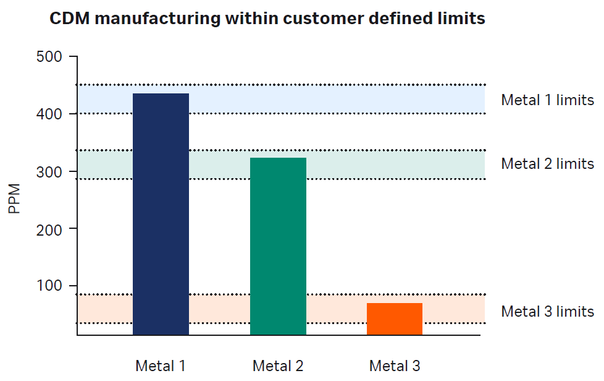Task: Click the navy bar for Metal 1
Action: click(161, 214)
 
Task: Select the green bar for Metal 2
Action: click(278, 246)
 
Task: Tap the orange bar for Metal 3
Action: click(395, 319)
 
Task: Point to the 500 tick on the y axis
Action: click(49, 57)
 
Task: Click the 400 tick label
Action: click(49, 114)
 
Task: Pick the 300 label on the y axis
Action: click(49, 171)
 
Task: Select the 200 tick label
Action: click(49, 229)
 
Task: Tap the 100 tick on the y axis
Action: click(49, 286)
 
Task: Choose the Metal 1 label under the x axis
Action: click(161, 366)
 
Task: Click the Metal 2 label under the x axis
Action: click(278, 366)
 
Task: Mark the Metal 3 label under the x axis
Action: click(395, 366)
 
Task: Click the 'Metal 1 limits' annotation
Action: click(547, 100)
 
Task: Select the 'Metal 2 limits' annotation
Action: click(547, 164)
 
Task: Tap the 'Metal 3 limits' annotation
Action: click(547, 312)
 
